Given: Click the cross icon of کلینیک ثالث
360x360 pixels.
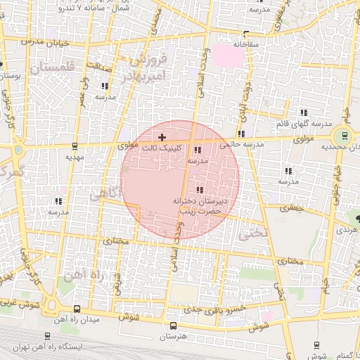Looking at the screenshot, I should [x=162, y=136].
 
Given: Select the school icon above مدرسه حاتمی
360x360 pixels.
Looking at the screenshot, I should [x=241, y=134].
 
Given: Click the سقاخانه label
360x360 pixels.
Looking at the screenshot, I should [x=252, y=44].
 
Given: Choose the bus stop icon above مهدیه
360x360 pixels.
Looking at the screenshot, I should [x=75, y=146].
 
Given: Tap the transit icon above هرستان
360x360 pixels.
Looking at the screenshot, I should [x=174, y=326].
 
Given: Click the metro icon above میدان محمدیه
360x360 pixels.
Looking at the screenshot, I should [x=344, y=135].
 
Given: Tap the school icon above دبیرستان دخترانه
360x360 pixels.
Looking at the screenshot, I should [x=200, y=190].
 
